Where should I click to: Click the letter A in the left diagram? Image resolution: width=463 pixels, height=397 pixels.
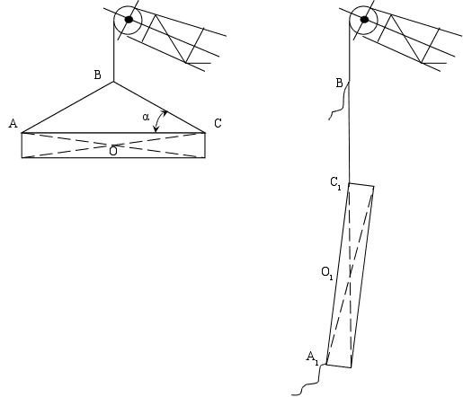click(x=13, y=123)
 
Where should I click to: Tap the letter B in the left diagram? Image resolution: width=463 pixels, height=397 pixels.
click(x=97, y=75)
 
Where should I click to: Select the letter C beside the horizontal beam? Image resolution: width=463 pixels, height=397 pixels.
click(x=218, y=123)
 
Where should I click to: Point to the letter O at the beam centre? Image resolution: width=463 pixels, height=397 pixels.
click(x=113, y=151)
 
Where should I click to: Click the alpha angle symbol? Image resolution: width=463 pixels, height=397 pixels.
click(x=146, y=117)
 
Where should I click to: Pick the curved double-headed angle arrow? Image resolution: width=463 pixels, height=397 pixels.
click(x=158, y=120)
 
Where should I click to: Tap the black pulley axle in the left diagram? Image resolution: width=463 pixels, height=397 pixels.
click(x=129, y=20)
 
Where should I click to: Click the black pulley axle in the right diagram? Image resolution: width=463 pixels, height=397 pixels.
click(x=364, y=20)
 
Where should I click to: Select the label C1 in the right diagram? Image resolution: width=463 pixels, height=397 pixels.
click(x=335, y=183)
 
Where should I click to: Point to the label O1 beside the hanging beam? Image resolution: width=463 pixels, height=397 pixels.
click(x=327, y=273)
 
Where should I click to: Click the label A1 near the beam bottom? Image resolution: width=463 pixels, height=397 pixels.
click(x=312, y=358)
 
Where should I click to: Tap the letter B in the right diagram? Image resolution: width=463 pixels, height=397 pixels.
click(x=339, y=83)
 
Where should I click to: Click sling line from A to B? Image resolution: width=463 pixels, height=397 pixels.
click(x=67, y=107)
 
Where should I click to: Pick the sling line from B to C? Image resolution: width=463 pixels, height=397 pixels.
click(x=159, y=107)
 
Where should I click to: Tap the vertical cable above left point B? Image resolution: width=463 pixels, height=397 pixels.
click(x=113, y=51)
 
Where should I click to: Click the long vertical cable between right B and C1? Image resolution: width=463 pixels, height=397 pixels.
click(x=349, y=132)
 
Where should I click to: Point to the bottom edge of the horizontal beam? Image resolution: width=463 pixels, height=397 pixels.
click(x=113, y=157)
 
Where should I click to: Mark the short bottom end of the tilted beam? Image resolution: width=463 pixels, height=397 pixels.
click(x=339, y=366)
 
